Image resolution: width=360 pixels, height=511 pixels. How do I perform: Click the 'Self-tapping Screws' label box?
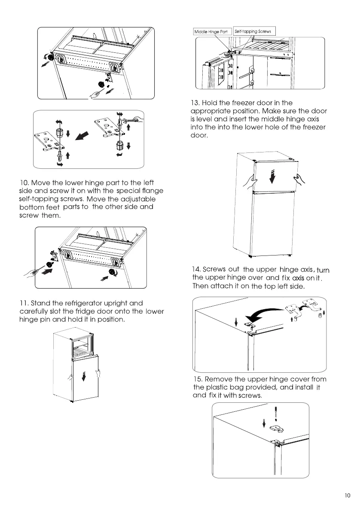tap(254, 31)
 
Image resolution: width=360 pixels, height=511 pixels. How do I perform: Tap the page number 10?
tap(348, 496)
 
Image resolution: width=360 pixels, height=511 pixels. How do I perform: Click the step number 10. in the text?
tap(24, 183)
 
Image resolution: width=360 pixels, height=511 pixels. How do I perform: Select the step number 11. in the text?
tap(24, 304)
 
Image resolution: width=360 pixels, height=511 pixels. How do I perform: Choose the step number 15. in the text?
tap(198, 379)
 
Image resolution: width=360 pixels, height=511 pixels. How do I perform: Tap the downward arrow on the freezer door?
tap(271, 176)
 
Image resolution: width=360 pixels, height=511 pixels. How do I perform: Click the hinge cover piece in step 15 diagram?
tap(275, 428)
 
